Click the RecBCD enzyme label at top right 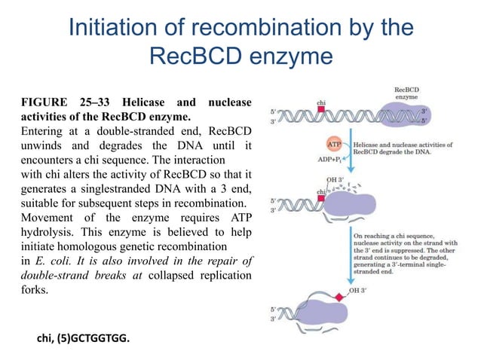(408, 93)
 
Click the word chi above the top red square (320, 100)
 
